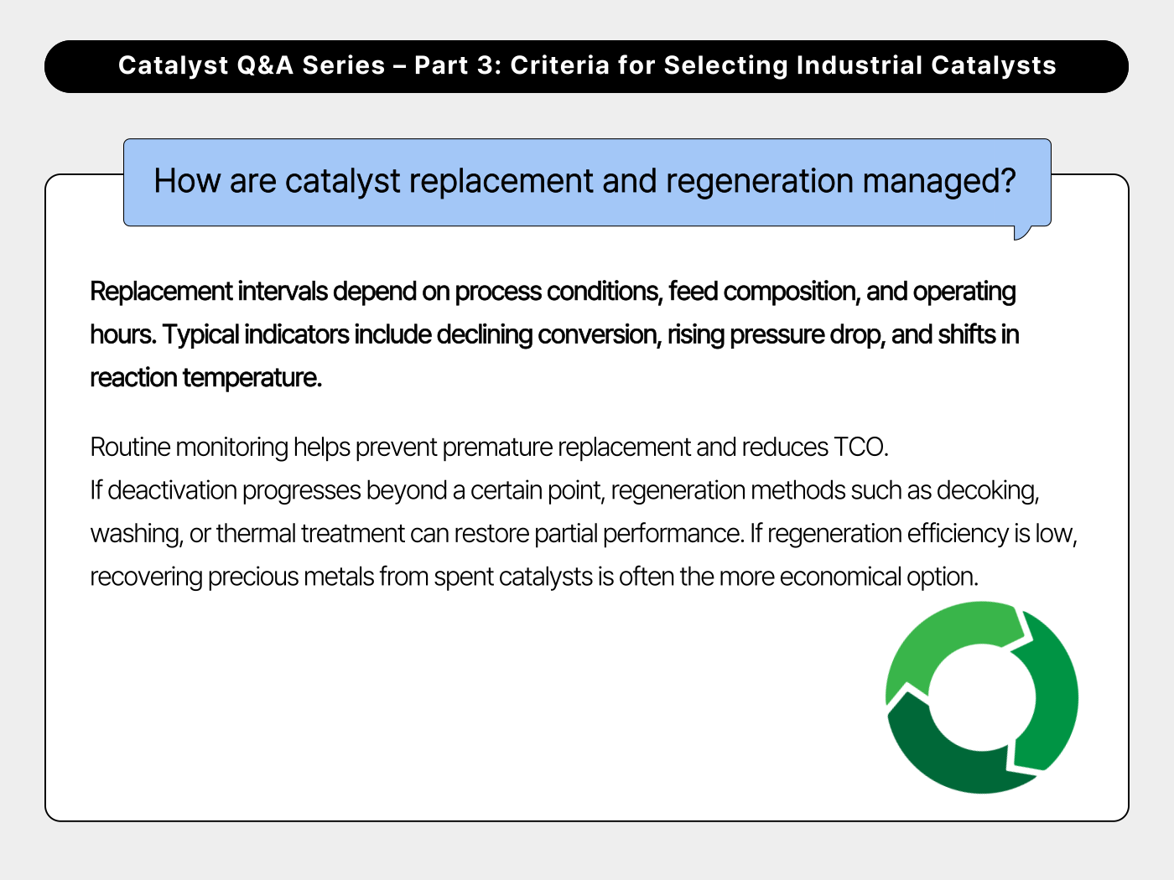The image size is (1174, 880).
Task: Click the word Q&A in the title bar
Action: [x=265, y=65]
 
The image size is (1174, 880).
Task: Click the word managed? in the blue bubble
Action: [x=938, y=181]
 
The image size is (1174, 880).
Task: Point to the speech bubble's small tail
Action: [x=1021, y=233]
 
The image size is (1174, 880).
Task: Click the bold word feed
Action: [x=693, y=292]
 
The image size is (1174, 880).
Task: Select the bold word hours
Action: [x=122, y=335]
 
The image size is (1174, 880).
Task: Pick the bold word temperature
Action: [x=252, y=378]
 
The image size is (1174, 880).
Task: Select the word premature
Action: [x=497, y=448]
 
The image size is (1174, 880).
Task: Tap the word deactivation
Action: [x=172, y=490]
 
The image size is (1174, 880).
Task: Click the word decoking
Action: [x=988, y=491]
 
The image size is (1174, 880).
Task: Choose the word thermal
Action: [x=256, y=534]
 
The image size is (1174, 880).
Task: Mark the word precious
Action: [x=253, y=577]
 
